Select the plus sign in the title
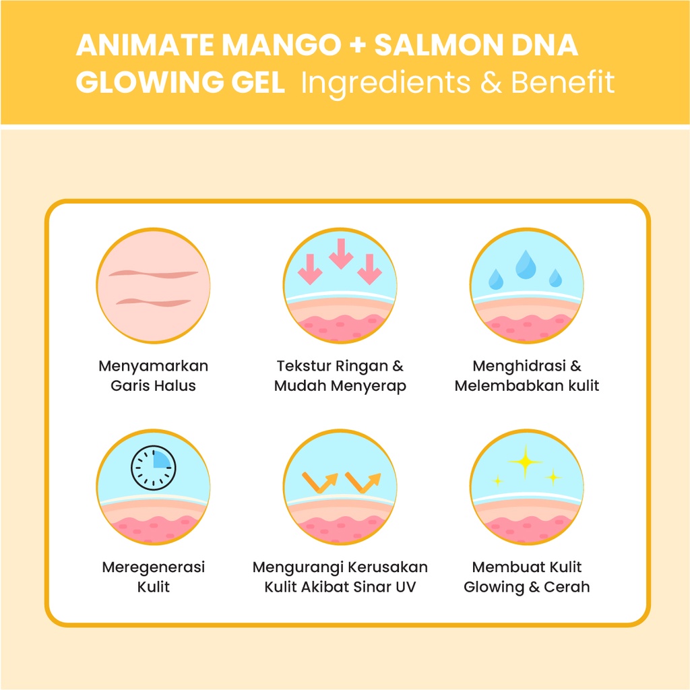(356, 46)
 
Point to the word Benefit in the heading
(562, 83)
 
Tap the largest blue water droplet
(525, 263)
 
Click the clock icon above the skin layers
(153, 466)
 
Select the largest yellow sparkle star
(525, 462)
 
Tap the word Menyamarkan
(153, 367)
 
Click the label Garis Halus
(153, 386)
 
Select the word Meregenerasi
(153, 567)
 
